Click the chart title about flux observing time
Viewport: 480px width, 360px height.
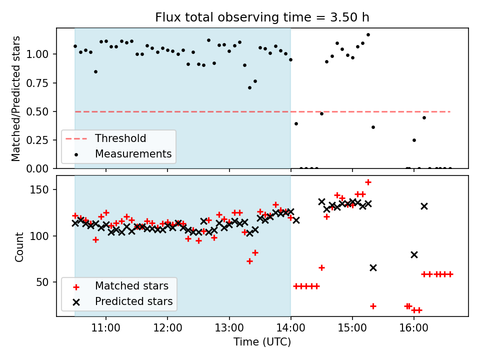(262, 17)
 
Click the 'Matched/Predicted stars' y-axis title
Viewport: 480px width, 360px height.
(16, 98)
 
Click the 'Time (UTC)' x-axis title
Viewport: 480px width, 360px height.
(262, 342)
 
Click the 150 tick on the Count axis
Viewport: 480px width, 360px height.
(44, 190)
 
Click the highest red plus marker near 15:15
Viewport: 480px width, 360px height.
(368, 182)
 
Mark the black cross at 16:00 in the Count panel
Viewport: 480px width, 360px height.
(414, 254)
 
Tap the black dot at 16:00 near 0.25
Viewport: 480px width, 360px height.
(414, 140)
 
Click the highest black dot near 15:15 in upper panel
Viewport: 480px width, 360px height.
(368, 35)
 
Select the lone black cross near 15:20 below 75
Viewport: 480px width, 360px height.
(373, 267)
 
